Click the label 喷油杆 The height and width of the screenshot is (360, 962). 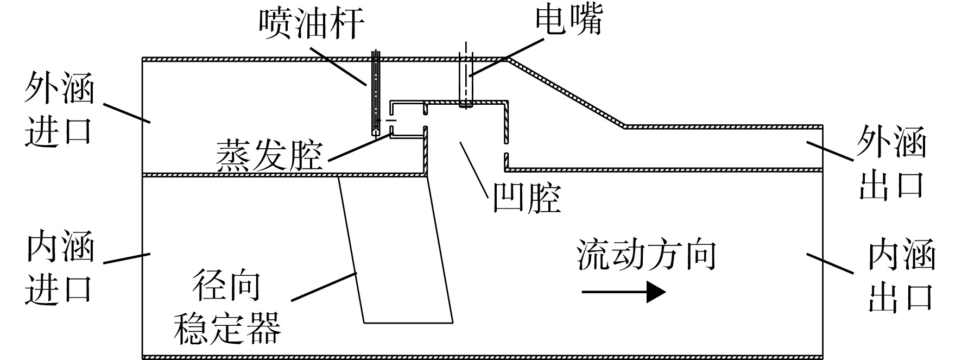pos(311,23)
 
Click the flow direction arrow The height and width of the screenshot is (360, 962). pos(624,293)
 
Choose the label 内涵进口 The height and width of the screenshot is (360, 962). pos(59,267)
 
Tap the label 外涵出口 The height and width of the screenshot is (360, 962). pos(891,163)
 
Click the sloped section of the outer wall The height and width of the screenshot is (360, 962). pos(566,92)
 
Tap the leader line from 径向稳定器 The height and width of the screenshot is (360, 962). pos(324,286)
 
